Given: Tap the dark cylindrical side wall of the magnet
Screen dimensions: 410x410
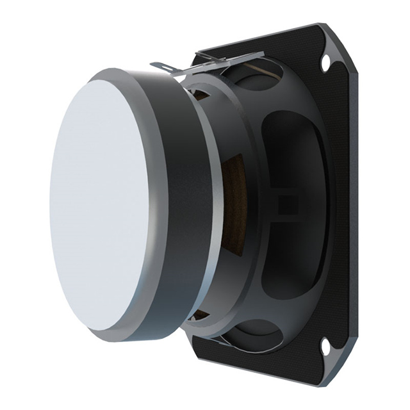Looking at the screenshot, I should click(x=186, y=205).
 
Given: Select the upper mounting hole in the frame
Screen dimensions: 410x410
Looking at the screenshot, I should click(x=325, y=62).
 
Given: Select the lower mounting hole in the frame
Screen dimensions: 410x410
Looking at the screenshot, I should click(x=325, y=347).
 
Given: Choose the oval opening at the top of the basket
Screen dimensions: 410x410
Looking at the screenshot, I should click(x=256, y=77).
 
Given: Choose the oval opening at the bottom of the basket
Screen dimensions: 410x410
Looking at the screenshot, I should click(x=256, y=333).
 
